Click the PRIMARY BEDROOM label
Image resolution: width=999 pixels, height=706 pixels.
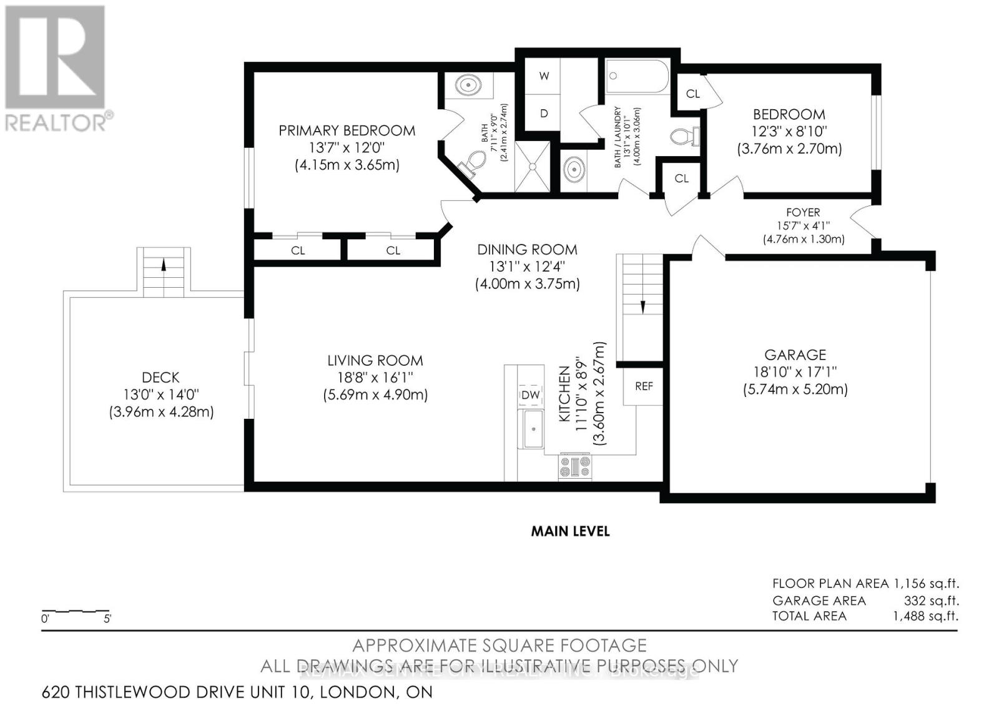pyautogui.click(x=347, y=130)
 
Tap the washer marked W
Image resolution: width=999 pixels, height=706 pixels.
pyautogui.click(x=544, y=76)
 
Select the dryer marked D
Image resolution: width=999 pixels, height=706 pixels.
pyautogui.click(x=544, y=113)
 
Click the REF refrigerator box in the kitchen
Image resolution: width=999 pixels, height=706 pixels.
pyautogui.click(x=644, y=386)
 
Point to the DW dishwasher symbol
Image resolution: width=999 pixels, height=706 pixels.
pyautogui.click(x=530, y=395)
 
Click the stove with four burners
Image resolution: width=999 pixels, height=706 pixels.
pyautogui.click(x=574, y=466)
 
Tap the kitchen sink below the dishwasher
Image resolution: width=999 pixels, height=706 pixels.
pyautogui.click(x=533, y=429)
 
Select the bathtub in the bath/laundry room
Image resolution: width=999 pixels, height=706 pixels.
pyautogui.click(x=637, y=77)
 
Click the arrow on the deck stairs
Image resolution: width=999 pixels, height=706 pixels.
pyautogui.click(x=164, y=264)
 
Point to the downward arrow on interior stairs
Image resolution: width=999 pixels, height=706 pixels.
pyautogui.click(x=642, y=306)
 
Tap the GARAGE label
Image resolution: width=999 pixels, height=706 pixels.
pyautogui.click(x=795, y=355)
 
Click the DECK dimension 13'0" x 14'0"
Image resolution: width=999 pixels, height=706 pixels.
pyautogui.click(x=160, y=395)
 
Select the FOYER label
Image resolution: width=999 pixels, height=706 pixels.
pyautogui.click(x=803, y=212)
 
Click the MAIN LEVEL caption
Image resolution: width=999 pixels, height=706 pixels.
pyautogui.click(x=570, y=531)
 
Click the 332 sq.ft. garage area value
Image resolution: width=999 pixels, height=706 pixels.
pyautogui.click(x=931, y=601)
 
